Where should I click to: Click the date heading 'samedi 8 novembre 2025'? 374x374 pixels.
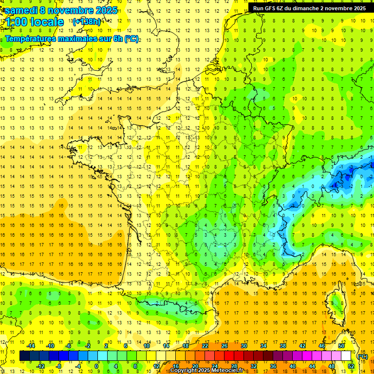pyautogui.click(x=61, y=10)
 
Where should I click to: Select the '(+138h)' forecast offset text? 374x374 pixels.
pyautogui.click(x=86, y=22)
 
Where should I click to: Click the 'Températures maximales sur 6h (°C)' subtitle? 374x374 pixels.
pyautogui.click(x=72, y=39)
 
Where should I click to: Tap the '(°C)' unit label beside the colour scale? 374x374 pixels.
pyautogui.click(x=362, y=356)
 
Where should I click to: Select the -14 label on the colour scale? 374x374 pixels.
pyautogui.click(x=31, y=346)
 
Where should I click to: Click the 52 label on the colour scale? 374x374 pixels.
pyautogui.click(x=351, y=366)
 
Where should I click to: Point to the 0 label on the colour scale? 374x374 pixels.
pyautogui.click(x=96, y=366)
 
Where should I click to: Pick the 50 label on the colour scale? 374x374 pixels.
pyautogui.click(x=341, y=346)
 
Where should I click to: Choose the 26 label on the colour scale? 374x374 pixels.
pyautogui.click(x=224, y=346)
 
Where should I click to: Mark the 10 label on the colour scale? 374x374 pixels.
pyautogui.click(x=146, y=346)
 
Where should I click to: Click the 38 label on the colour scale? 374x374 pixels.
pyautogui.click(x=282, y=346)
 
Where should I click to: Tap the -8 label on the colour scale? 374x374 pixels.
pyautogui.click(x=59, y=366)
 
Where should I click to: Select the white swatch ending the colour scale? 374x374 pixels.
pyautogui.click(x=346, y=356)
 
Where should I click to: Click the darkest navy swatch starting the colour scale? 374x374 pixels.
pyautogui.click(x=24, y=356)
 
